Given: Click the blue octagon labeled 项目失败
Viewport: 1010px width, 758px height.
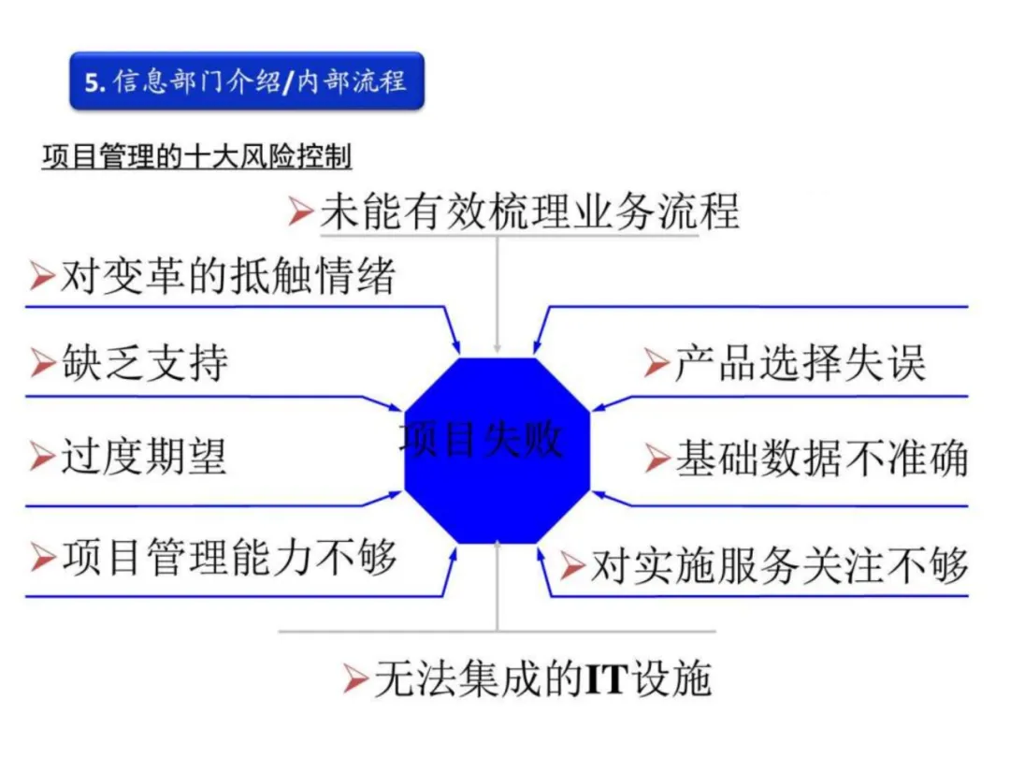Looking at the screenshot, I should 497,449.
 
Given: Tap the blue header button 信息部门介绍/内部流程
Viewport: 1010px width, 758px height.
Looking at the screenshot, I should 246,81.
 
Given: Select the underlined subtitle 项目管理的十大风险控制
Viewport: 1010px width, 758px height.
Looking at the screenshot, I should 196,156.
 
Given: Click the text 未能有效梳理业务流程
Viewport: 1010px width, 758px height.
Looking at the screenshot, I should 529,211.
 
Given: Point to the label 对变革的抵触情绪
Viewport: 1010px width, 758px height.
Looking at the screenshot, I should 228,276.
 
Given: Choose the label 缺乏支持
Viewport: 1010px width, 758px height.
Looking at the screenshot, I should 144,363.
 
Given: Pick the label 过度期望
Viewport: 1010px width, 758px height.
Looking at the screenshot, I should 144,457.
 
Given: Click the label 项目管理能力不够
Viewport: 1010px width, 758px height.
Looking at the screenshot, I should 229,557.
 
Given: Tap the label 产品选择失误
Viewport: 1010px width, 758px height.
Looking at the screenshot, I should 800,363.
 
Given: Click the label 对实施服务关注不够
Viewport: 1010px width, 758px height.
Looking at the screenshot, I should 778,565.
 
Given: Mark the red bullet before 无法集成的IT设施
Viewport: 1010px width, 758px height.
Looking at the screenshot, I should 354,679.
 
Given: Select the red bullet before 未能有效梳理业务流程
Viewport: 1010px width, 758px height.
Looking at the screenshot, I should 300,212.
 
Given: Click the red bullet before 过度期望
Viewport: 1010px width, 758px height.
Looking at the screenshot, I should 42,458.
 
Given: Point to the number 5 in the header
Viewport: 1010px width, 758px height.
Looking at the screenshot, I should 91,82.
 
